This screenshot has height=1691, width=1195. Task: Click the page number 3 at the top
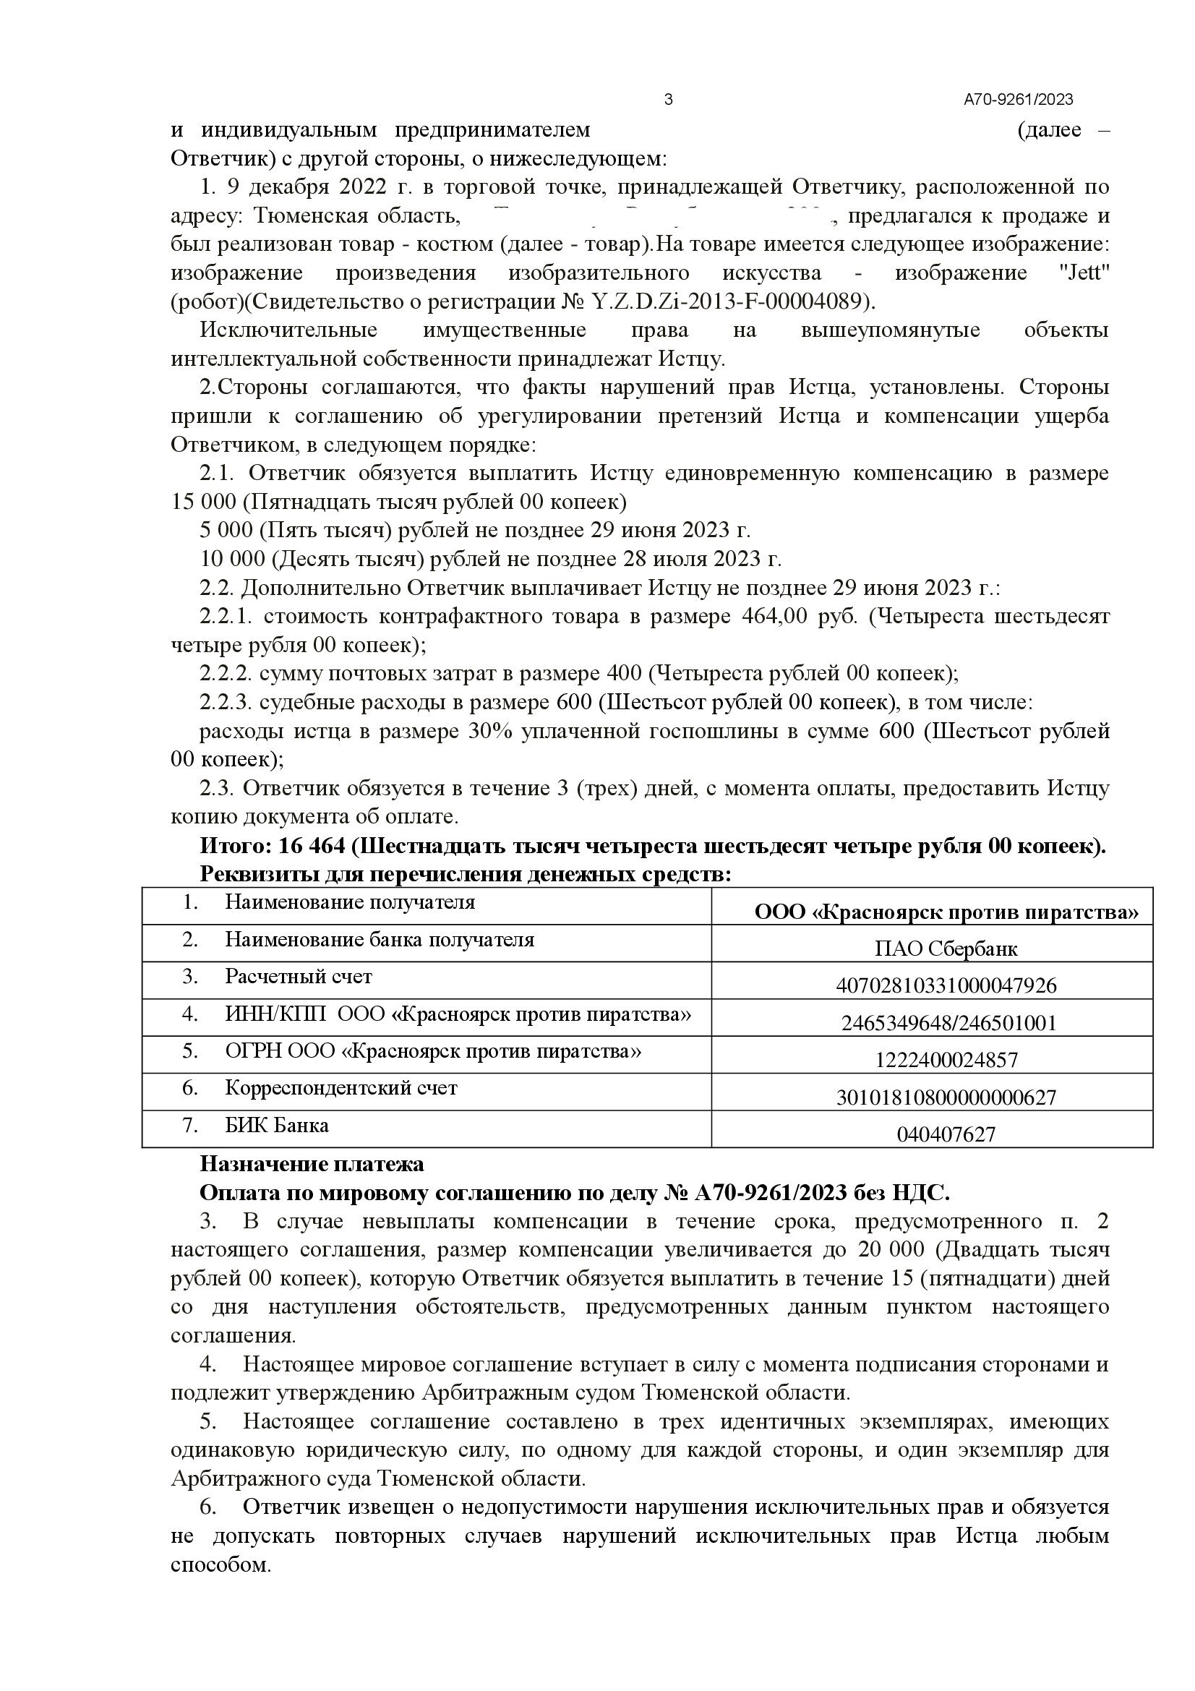(668, 100)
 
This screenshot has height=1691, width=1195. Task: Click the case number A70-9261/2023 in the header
(1019, 100)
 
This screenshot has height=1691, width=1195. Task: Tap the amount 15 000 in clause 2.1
(203, 502)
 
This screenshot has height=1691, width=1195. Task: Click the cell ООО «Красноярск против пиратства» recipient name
(946, 912)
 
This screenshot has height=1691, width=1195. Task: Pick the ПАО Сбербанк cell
(946, 949)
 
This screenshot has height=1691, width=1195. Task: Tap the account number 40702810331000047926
(946, 985)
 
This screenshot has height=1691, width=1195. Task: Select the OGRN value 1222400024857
(946, 1060)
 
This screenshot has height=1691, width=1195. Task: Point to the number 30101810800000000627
(946, 1097)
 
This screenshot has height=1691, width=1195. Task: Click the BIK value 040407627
(946, 1134)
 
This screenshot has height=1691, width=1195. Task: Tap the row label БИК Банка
(277, 1126)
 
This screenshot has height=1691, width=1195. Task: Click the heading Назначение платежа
(312, 1165)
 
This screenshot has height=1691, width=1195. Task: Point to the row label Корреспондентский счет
(341, 1088)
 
